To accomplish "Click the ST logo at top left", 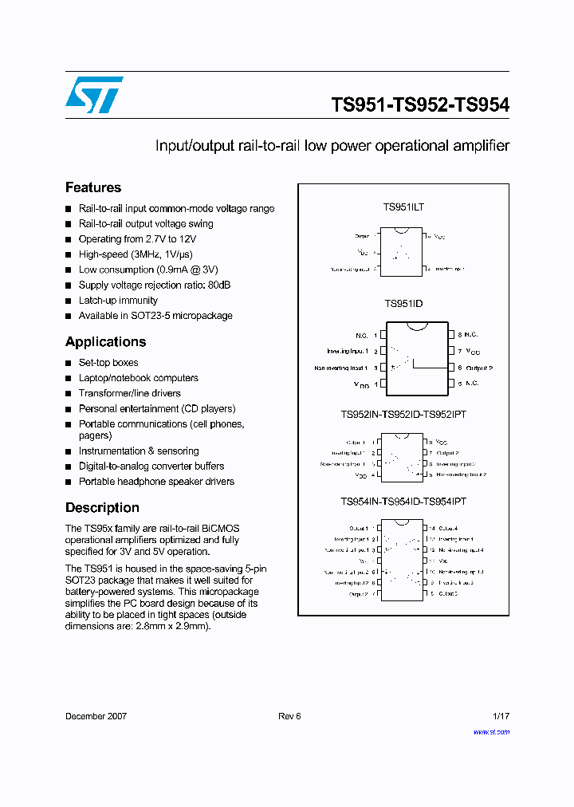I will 94,95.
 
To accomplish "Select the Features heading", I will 93,187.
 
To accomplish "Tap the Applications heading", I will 105,341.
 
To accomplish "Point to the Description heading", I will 102,507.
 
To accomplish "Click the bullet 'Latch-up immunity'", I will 118,301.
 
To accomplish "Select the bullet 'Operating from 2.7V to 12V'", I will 137,239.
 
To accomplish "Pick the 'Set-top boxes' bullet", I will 108,363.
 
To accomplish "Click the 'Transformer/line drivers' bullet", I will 129,393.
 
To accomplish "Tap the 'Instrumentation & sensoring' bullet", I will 139,451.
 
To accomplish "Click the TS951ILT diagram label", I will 403,207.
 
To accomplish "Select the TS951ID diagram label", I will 403,304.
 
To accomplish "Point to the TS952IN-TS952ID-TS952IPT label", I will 403,415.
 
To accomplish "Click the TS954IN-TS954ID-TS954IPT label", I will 403,502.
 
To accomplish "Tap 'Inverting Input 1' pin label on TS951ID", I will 347,352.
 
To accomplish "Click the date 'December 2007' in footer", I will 96,716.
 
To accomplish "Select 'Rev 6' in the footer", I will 289,716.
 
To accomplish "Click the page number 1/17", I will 501,716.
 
